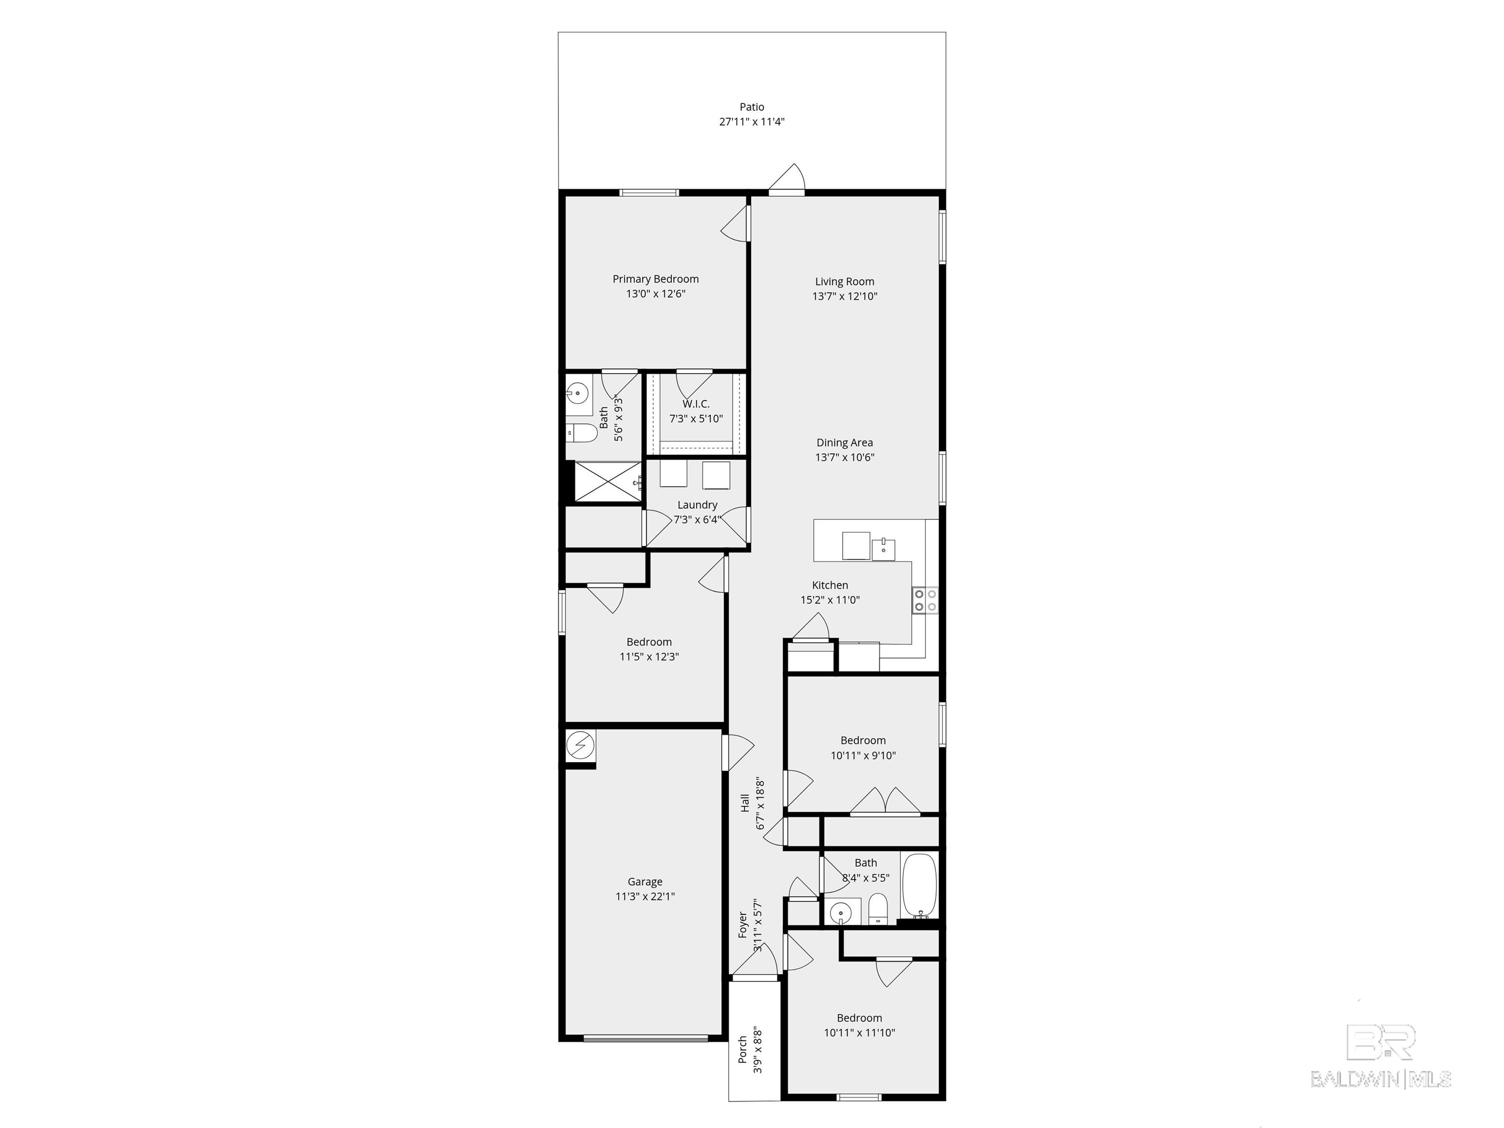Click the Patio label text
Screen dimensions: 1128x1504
tap(752, 107)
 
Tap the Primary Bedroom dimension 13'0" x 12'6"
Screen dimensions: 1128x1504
tap(656, 294)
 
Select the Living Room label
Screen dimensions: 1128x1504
tap(845, 282)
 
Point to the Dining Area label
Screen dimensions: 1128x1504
tap(845, 443)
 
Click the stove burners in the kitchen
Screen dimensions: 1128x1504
tap(925, 600)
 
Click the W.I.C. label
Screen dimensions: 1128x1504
tap(696, 404)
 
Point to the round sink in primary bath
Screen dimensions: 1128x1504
tap(577, 393)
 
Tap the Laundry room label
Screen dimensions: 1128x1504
tap(697, 504)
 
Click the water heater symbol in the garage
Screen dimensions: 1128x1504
tap(581, 746)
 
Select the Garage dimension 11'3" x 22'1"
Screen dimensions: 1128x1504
tap(645, 896)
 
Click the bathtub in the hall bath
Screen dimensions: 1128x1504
tap(919, 887)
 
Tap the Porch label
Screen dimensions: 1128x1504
tap(743, 1049)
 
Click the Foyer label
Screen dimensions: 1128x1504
tap(743, 925)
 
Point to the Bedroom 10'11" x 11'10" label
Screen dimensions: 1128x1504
tap(859, 1018)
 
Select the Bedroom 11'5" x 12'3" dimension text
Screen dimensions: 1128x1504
tap(649, 657)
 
